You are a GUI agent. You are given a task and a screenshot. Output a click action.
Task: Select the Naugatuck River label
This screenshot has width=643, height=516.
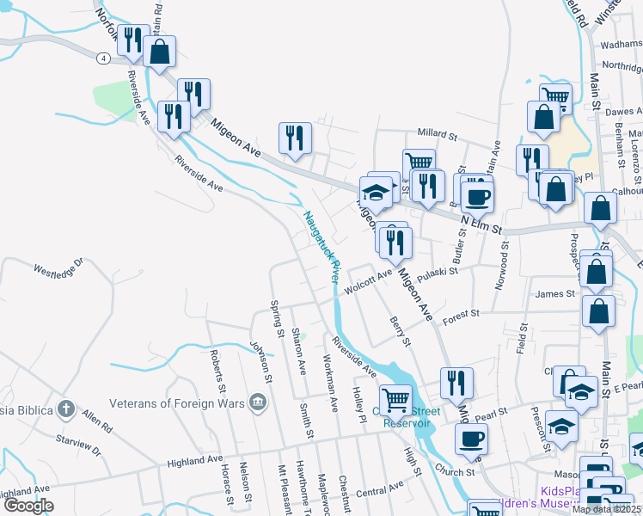point(320,246)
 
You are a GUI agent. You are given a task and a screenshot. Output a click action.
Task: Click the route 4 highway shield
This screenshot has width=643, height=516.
point(102,58)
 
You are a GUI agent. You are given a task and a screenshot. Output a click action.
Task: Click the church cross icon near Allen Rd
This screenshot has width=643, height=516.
point(66,408)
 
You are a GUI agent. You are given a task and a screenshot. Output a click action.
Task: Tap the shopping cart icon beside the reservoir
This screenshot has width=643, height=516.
point(395,399)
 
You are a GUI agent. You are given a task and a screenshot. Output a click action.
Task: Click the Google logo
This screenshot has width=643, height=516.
point(29,506)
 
